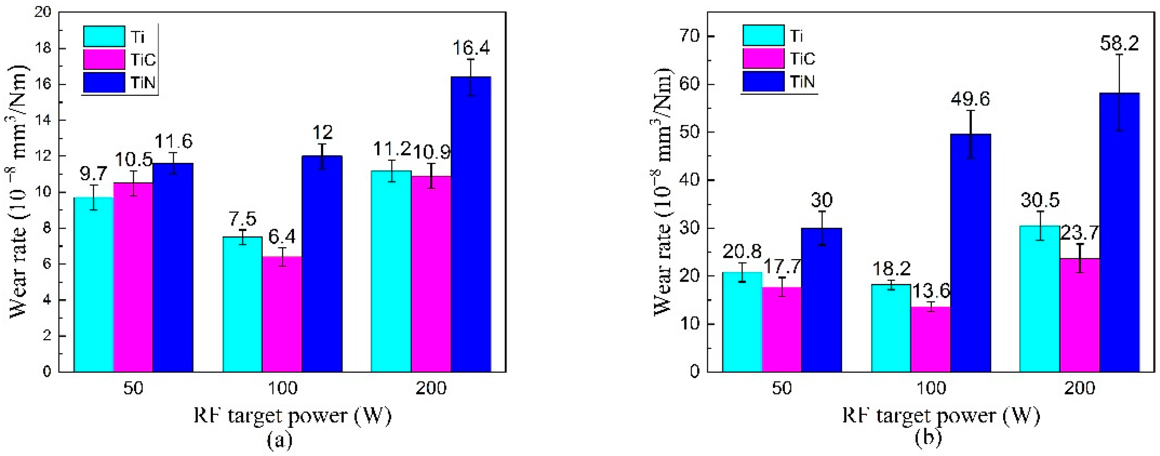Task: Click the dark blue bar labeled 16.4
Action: (x=471, y=225)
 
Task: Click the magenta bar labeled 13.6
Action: (x=930, y=340)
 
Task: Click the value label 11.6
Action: (x=174, y=141)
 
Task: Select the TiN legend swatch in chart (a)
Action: (x=104, y=82)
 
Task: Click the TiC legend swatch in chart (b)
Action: (x=763, y=59)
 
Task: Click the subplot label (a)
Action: (x=279, y=440)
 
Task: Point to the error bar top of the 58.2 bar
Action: (x=1119, y=54)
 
